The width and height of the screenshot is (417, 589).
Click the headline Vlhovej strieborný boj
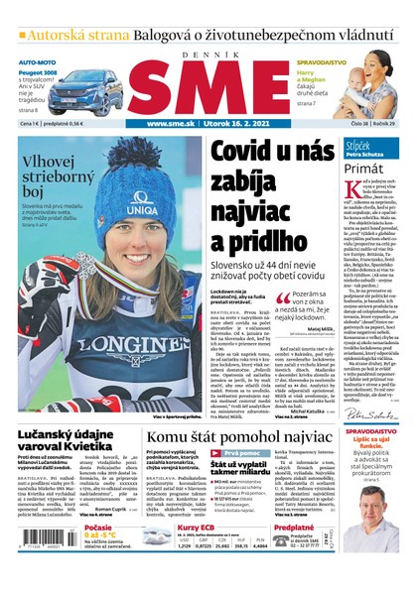(60, 176)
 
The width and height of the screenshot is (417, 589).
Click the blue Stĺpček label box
(360, 147)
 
